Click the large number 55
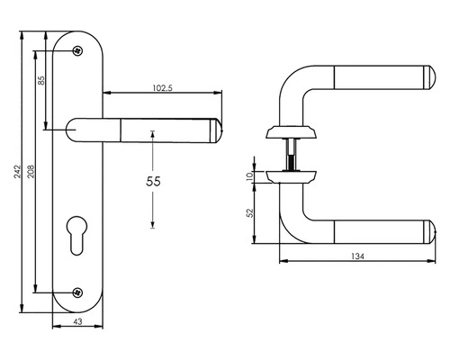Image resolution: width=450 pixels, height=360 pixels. click(153, 181)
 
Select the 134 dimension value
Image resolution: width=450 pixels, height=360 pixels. click(358, 256)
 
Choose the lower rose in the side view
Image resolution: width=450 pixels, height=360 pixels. click(290, 173)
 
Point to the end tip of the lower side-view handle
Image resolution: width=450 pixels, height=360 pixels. click(429, 231)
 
